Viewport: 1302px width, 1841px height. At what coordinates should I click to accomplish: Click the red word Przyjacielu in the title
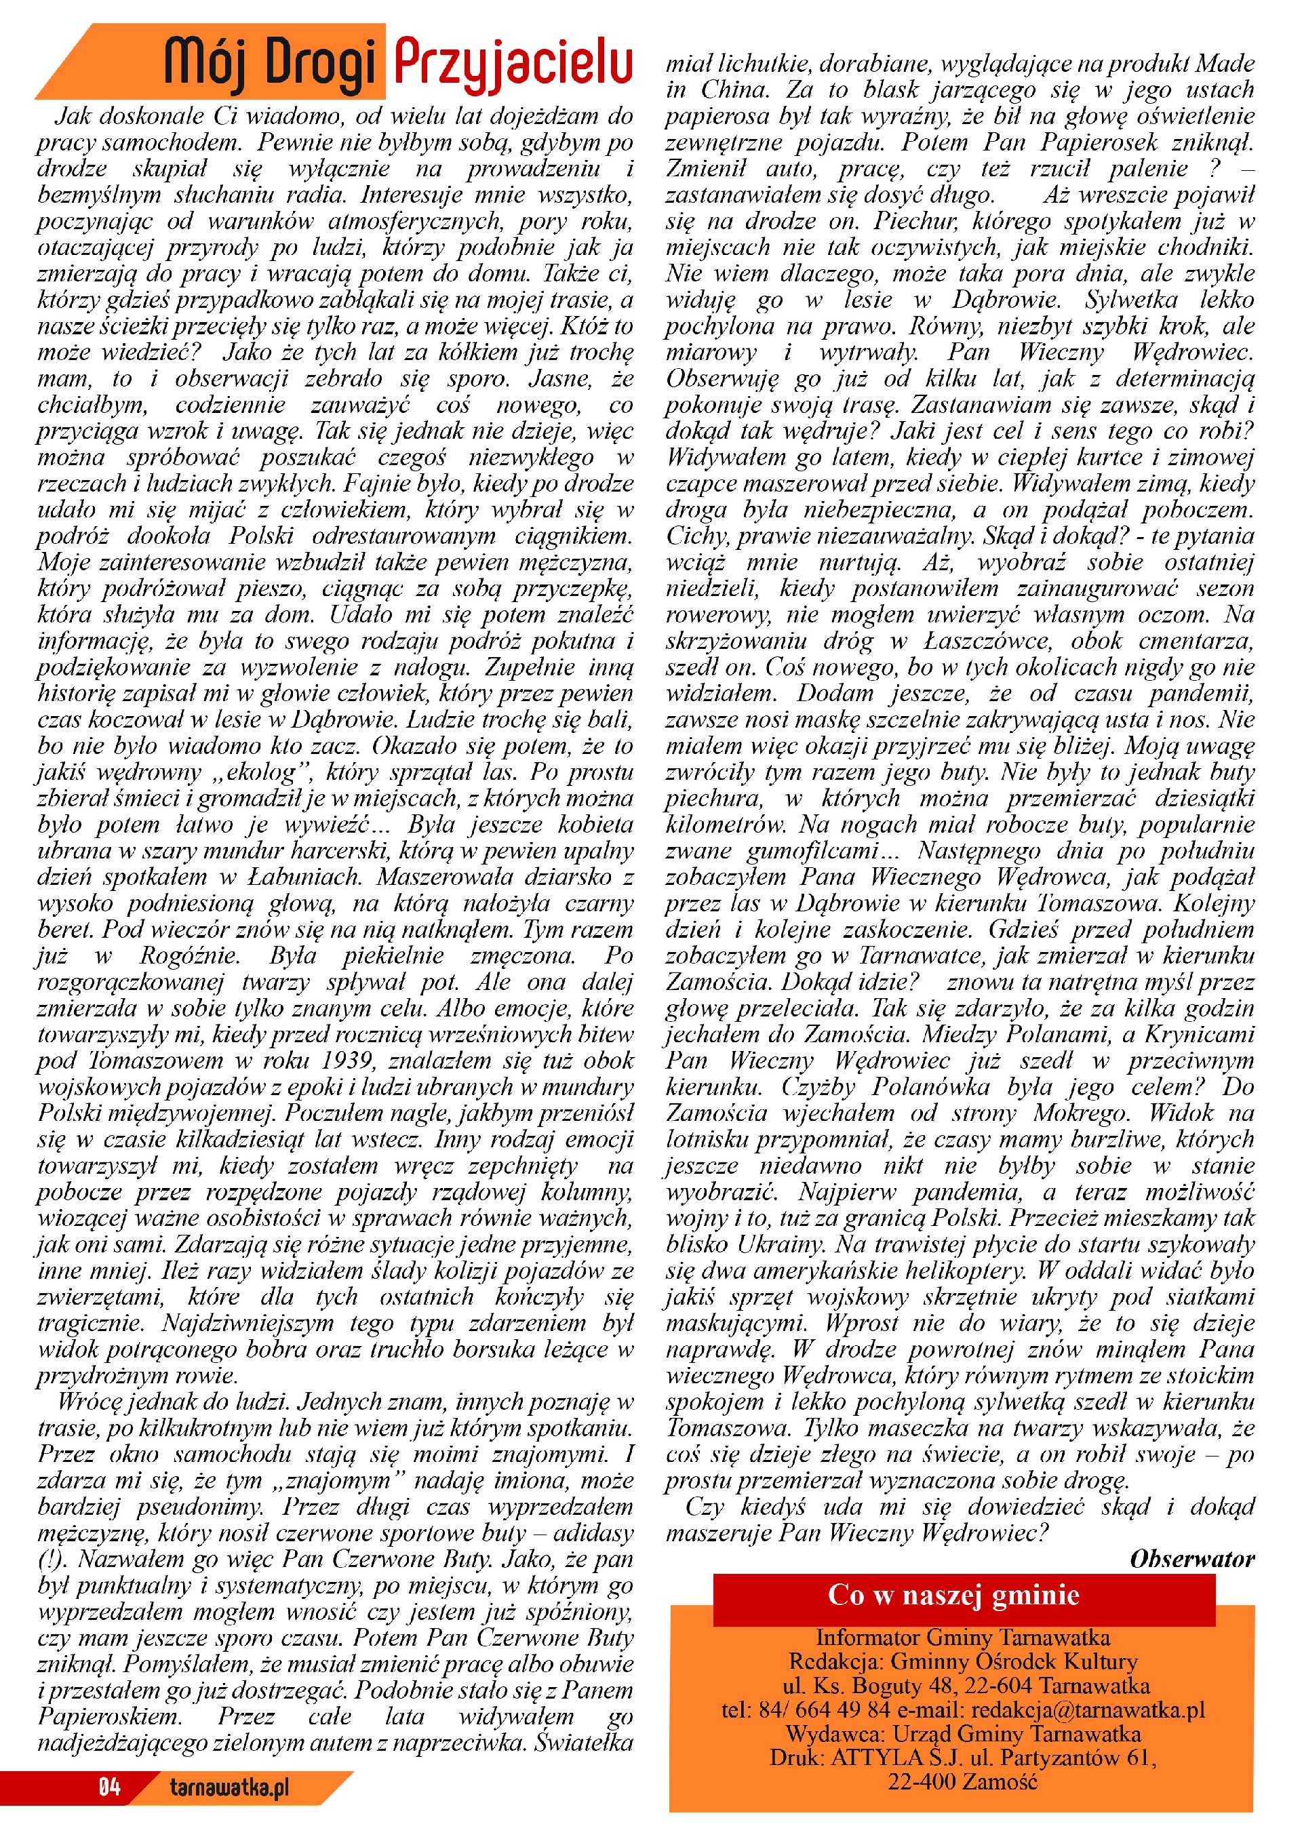pos(513,62)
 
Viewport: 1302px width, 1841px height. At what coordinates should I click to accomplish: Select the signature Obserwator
pos(1191,1560)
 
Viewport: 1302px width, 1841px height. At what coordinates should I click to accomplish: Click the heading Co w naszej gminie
pos(953,1595)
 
